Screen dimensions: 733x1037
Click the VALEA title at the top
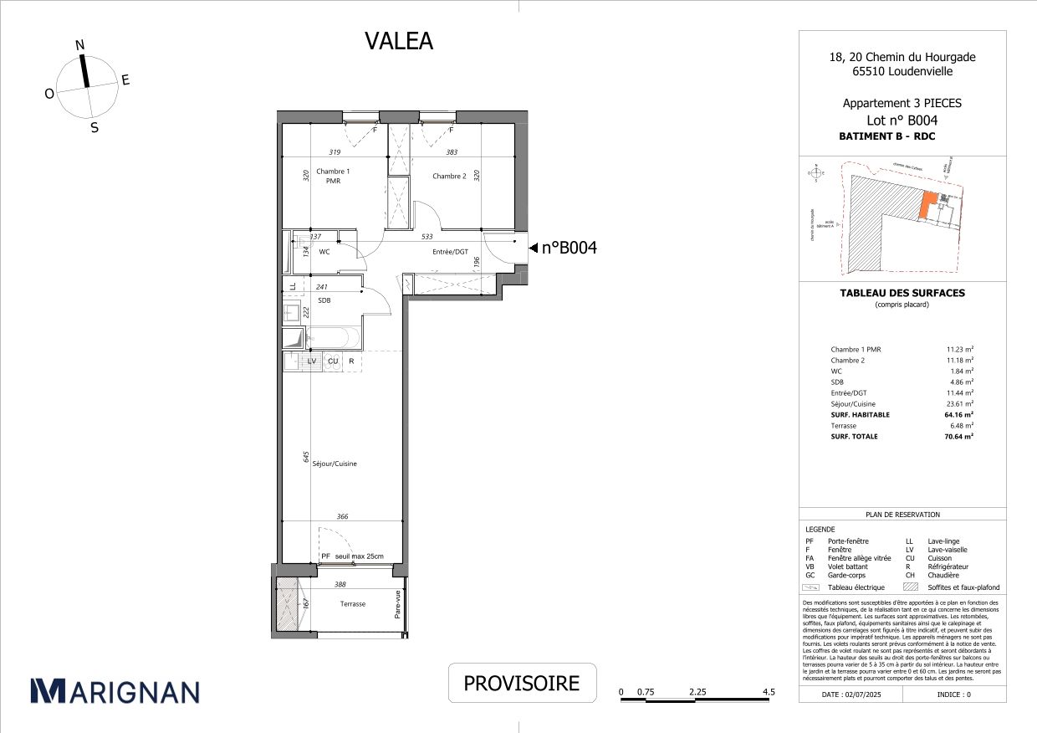click(x=399, y=41)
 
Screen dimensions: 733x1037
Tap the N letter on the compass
click(x=80, y=46)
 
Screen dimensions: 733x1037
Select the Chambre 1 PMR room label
click(x=333, y=176)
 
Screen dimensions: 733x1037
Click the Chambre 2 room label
click(x=449, y=176)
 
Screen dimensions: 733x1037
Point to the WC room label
click(x=324, y=251)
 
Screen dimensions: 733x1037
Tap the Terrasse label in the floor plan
click(x=352, y=603)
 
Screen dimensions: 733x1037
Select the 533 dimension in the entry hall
click(x=427, y=237)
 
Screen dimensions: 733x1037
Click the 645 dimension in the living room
click(x=306, y=457)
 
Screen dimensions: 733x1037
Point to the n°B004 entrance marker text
click(x=569, y=248)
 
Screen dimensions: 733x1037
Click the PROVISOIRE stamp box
click(x=522, y=683)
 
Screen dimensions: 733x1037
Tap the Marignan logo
click(x=115, y=690)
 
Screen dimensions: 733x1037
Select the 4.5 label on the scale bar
click(x=769, y=692)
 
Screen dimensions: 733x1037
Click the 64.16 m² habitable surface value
click(x=959, y=414)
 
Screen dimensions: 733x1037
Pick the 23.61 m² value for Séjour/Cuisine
click(x=959, y=403)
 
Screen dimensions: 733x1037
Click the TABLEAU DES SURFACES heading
click(x=902, y=293)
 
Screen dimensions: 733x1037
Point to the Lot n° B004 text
click(x=902, y=120)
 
